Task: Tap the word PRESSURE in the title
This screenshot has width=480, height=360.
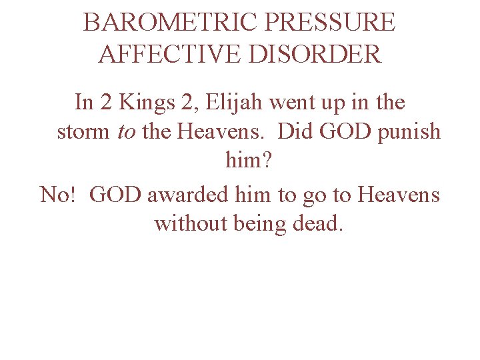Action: [330, 23]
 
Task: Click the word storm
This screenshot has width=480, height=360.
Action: [84, 132]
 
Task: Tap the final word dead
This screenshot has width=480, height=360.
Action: [318, 223]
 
